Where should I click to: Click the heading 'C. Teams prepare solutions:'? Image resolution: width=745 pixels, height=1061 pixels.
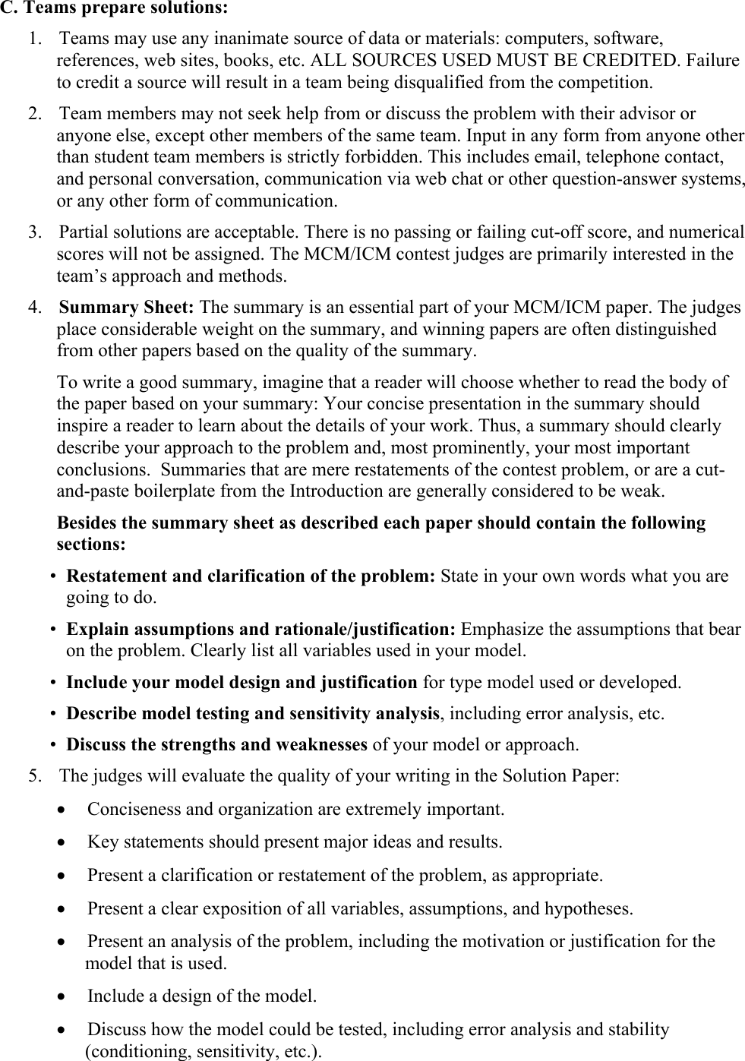point(113,9)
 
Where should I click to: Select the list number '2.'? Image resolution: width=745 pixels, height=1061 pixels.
point(35,114)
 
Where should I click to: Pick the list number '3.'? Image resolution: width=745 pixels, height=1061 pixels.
point(35,232)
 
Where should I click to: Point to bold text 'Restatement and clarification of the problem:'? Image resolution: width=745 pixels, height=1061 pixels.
point(251,576)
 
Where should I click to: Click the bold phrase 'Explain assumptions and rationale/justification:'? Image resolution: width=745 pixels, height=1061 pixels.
point(261,630)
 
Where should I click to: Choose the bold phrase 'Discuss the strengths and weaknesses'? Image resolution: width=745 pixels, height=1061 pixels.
point(217,745)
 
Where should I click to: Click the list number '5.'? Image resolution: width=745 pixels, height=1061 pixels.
point(35,776)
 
